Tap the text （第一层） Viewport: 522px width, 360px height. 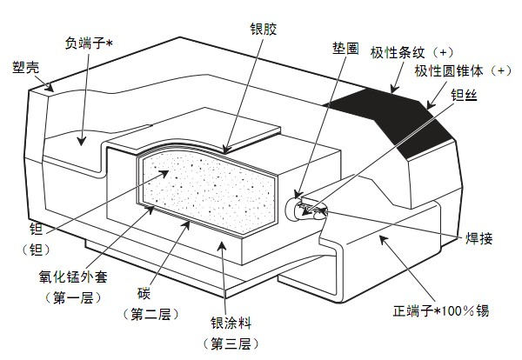(71, 298)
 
